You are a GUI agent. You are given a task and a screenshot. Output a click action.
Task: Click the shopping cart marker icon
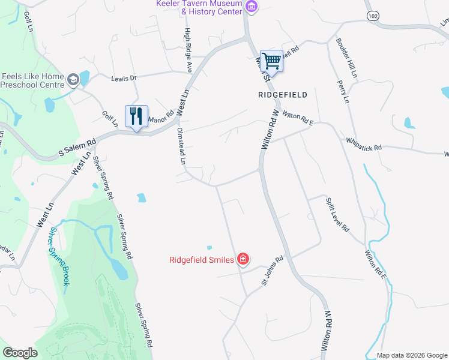[271, 61]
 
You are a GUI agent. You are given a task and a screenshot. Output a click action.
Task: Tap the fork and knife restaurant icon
[136, 115]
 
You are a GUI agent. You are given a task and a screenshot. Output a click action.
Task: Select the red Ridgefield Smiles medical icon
[243, 259]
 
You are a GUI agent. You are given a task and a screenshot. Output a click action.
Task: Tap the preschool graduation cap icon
[73, 80]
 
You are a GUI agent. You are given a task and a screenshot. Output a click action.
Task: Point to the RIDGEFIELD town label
[282, 95]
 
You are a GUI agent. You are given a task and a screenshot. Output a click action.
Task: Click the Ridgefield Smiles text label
[202, 260]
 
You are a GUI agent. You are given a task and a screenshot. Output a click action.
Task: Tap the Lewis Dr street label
[124, 78]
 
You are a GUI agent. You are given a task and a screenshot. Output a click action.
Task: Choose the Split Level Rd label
[337, 215]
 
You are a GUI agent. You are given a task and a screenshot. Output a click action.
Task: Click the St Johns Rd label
[271, 271]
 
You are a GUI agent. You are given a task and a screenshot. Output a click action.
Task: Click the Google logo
[20, 353]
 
